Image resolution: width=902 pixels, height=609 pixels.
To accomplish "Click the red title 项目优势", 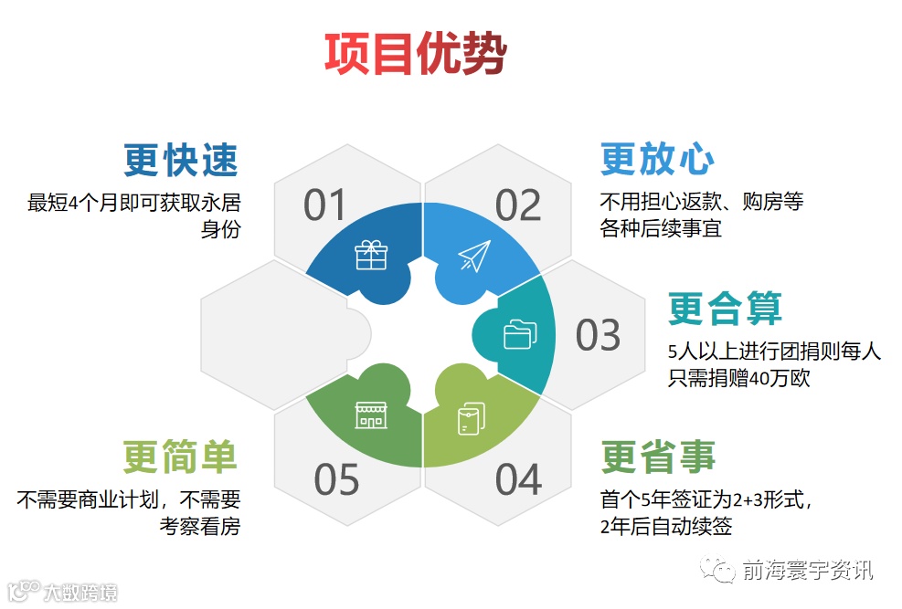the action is coord(415,54).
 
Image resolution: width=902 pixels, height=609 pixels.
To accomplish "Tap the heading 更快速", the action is coord(181,161).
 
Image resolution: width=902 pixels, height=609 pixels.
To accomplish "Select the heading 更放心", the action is coord(656,159).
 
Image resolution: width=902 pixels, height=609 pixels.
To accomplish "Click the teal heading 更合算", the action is coord(725,308).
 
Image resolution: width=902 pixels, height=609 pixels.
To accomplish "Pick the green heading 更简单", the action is coord(180,457).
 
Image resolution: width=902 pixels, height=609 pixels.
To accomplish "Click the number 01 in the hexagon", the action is coord(326,206).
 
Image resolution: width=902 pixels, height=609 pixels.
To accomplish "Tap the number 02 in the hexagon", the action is coord(518,206).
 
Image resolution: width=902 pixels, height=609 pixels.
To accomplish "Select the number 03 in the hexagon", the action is coord(598,336).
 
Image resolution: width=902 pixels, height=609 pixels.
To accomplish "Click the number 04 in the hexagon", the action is coord(518,480).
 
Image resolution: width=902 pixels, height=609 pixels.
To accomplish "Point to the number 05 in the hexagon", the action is coord(336,480).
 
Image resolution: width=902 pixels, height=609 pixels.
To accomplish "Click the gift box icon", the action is coord(371,255).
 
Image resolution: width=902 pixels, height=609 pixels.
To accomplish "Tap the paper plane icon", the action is coord(475,256).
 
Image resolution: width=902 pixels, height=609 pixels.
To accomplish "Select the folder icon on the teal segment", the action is coord(519,334).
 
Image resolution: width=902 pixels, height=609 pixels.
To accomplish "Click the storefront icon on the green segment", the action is coord(370,415).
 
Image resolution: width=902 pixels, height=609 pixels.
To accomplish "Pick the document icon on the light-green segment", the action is coord(470,416).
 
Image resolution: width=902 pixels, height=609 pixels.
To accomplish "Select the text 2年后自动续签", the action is coord(666,526).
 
